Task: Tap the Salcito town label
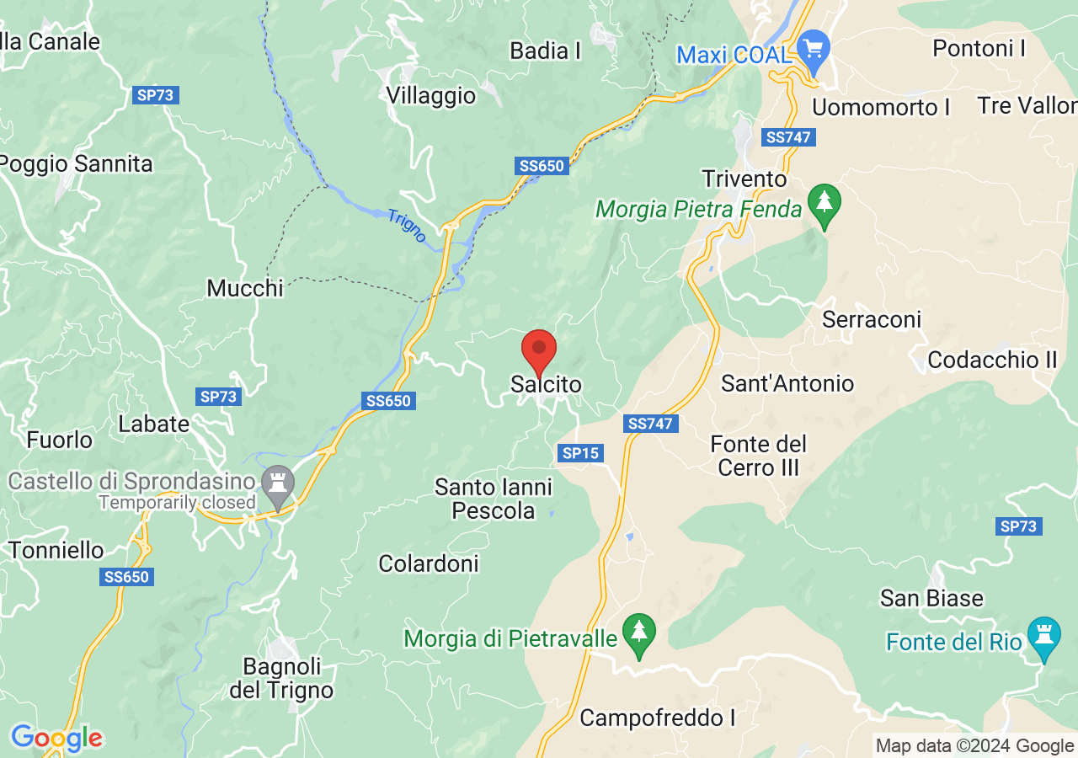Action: pos(546,384)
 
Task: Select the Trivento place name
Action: pos(744,179)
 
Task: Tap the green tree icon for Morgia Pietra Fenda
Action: pos(825,205)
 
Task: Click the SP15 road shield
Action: pos(580,453)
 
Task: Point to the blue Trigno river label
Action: pos(408,225)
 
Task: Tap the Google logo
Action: pos(56,739)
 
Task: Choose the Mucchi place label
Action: pos(245,288)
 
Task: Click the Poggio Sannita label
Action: pos(77,163)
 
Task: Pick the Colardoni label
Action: pos(429,563)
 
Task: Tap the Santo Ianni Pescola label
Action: pos(494,499)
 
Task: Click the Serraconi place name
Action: pos(872,320)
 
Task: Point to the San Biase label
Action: pos(931,599)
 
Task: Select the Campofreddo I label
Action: pos(657,718)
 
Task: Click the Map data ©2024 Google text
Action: pos(974,745)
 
